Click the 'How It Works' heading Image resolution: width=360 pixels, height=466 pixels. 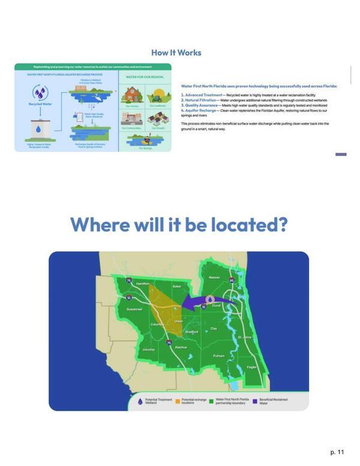[176, 53]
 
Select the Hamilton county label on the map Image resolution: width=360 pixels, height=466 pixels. [143, 283]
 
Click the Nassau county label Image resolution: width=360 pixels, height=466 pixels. [214, 277]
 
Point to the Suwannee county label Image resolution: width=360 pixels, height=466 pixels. [133, 309]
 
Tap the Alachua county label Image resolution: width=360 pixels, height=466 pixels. [181, 347]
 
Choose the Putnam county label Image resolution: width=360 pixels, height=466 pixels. [218, 356]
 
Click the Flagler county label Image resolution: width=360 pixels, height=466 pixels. [253, 367]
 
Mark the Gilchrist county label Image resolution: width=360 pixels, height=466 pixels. [149, 349]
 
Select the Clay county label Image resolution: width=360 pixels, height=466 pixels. [214, 328]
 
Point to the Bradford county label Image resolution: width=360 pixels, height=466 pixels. [192, 331]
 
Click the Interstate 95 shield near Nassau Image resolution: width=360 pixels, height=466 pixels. [230, 280]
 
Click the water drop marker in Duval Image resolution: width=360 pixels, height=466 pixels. [210, 299]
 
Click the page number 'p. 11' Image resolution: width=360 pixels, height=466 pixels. [337, 451]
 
